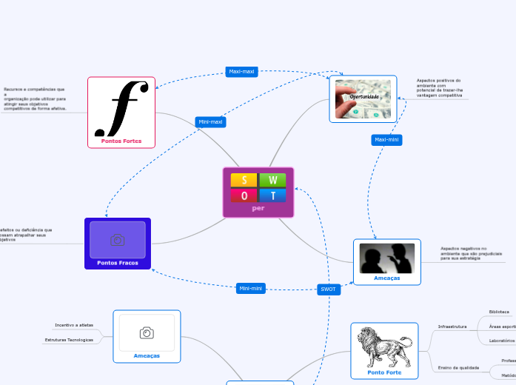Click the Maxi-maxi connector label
pos(241,72)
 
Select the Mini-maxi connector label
pos(210,121)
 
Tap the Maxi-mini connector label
pos(386,139)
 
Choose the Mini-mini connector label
pos(251,288)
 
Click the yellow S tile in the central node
pos(244,180)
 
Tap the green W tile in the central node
pos(272,180)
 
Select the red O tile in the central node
pos(244,195)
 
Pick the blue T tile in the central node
pos(272,195)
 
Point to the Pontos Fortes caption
pos(121,140)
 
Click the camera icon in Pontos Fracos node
pos(117,239)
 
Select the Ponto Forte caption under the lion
pos(384,372)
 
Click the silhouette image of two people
pos(386,258)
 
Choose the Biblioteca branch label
pos(499,312)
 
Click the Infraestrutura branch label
pos(452,326)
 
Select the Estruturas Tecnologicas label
pos(69,340)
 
